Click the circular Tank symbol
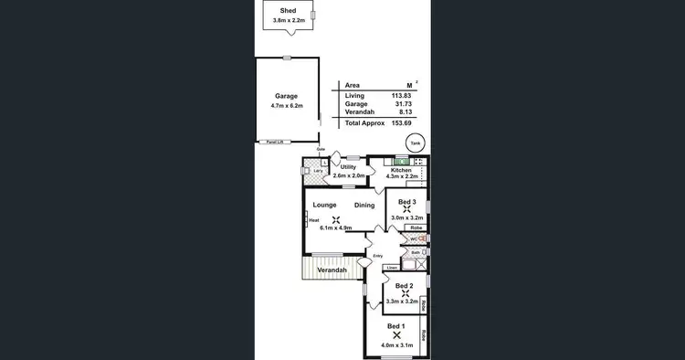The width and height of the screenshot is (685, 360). point(416,143)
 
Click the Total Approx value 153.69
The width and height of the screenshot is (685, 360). point(403,122)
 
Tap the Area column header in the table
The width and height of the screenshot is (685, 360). point(352,84)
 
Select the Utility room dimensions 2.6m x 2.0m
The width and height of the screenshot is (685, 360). point(349,175)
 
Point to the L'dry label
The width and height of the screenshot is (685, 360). point(317,171)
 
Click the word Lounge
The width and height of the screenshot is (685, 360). point(326,206)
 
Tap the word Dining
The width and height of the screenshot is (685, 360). point(364,206)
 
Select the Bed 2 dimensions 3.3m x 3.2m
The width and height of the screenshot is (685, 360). point(402,301)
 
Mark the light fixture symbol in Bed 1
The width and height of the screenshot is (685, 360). point(395,335)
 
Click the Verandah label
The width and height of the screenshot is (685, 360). point(331,270)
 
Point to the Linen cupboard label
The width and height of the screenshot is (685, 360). point(391,268)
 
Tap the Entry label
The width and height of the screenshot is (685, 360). point(377,257)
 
